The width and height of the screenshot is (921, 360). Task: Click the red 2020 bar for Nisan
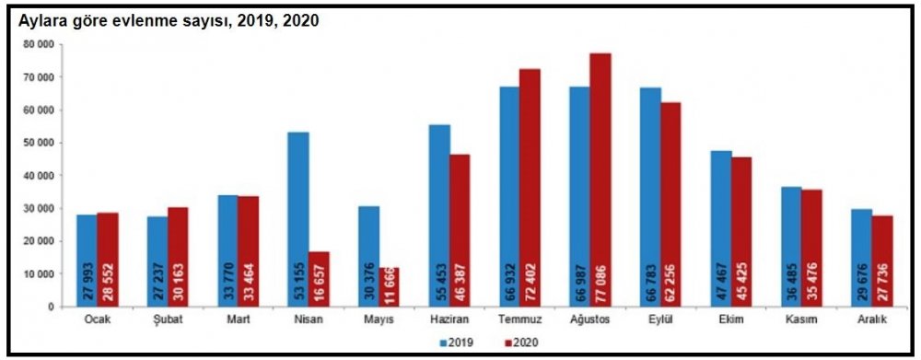(320, 279)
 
